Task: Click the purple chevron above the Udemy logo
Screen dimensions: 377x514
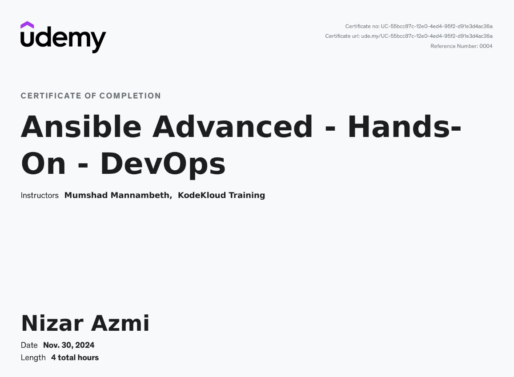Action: coord(27,25)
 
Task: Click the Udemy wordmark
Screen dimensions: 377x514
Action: coord(63,39)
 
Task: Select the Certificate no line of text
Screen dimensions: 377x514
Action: coord(418,26)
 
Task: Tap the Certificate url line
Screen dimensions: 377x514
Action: coord(409,36)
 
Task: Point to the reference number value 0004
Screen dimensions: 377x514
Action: coord(486,46)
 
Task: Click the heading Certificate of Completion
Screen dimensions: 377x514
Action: coord(91,96)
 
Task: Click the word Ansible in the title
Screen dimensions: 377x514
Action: coord(81,127)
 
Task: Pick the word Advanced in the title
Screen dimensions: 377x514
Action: coord(233,127)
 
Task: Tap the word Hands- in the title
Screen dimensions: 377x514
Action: coord(404,127)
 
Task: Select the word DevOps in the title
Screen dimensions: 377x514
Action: coord(163,164)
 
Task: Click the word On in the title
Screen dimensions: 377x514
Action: coord(43,164)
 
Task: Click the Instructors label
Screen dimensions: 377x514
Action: coord(40,195)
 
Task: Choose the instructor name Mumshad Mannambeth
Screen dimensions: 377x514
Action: coord(118,195)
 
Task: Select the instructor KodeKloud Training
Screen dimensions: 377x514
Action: coord(221,195)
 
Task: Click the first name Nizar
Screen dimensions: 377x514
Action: coord(52,323)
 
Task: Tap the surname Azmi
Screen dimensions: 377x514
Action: coord(120,323)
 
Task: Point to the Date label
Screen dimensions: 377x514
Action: coord(29,345)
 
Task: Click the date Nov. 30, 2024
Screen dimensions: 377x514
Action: coord(69,345)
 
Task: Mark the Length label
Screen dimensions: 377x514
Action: coord(33,357)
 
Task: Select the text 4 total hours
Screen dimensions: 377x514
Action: coord(75,357)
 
